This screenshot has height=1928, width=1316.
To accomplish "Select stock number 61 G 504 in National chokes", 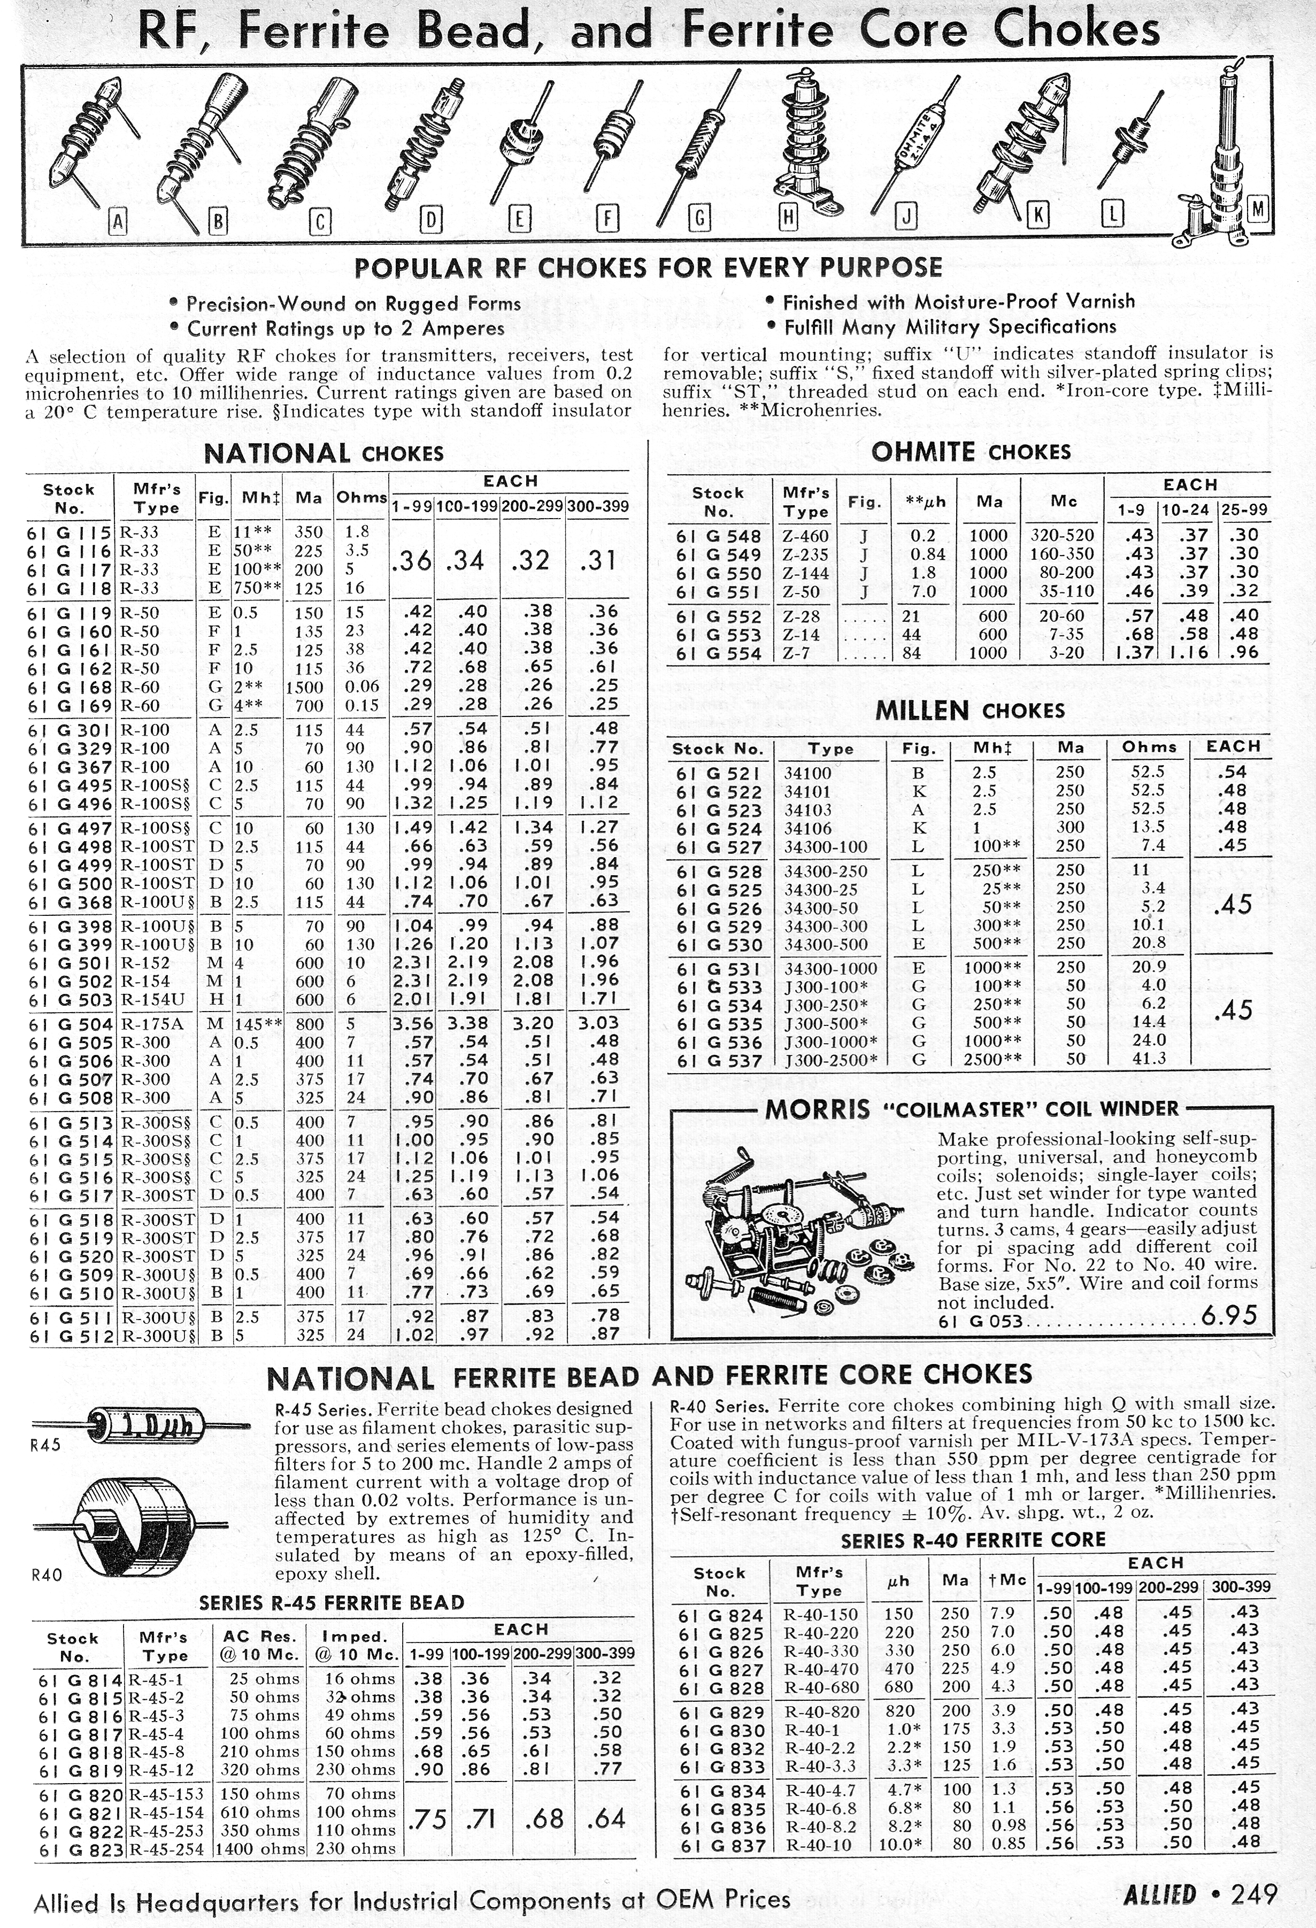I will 71,1024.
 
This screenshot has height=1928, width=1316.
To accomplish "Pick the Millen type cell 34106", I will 807,828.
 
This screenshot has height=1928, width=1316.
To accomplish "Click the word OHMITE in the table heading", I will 922,452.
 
